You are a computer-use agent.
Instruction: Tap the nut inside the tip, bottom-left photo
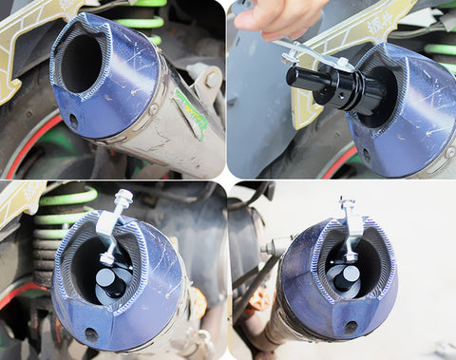click(108, 257)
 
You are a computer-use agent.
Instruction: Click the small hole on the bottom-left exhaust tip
click(91, 333)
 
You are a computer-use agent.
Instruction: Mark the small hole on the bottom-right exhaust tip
click(351, 326)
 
